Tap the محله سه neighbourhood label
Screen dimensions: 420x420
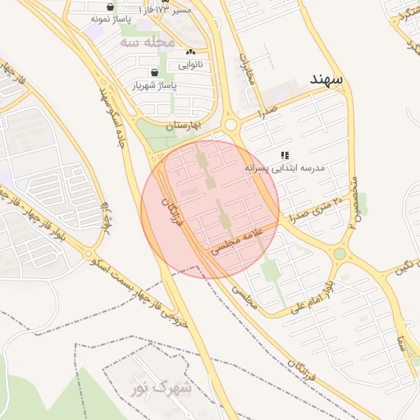point(148,41)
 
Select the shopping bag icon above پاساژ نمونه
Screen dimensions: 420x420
point(111,4)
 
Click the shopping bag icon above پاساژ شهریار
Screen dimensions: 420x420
point(155,71)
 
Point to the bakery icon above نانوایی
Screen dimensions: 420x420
point(189,51)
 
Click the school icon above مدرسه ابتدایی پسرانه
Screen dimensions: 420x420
point(285,154)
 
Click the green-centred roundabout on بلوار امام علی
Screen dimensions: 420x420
point(340,253)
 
